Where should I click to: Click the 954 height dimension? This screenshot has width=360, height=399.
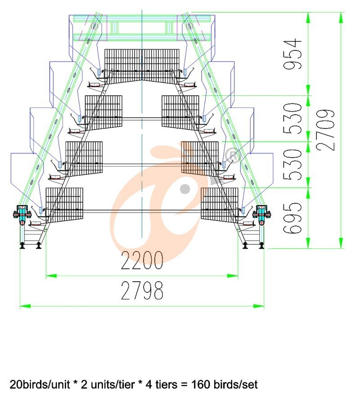[292, 54]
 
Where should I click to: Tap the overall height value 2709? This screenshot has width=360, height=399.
[326, 130]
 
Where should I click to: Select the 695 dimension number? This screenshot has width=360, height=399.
[292, 218]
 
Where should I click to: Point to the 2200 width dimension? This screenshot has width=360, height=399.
[142, 260]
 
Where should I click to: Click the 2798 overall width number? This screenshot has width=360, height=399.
[142, 290]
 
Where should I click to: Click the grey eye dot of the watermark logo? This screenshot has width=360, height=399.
[185, 189]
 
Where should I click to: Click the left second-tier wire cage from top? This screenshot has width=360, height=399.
[103, 112]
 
